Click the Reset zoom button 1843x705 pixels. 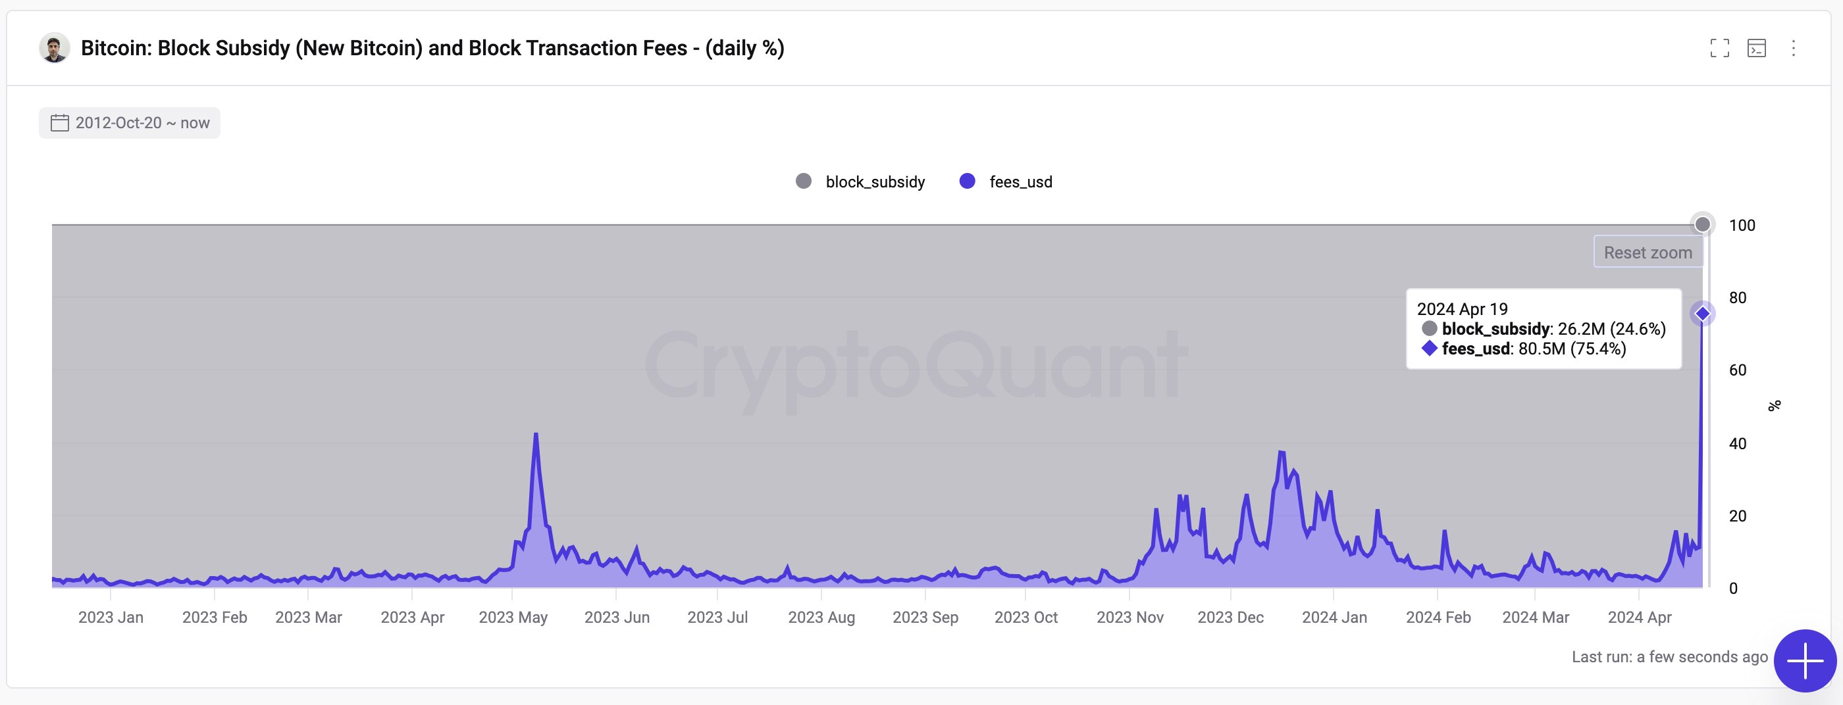[1648, 253]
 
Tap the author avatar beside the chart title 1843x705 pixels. [55, 48]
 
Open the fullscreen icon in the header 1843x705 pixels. [1719, 48]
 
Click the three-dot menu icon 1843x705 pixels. [1793, 48]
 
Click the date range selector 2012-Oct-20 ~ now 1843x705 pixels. [130, 123]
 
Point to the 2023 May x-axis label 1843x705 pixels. [513, 617]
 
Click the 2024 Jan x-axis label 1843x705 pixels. [1334, 617]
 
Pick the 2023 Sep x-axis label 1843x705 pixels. [925, 617]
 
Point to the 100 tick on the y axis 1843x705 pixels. [1742, 225]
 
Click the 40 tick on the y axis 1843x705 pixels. [1737, 443]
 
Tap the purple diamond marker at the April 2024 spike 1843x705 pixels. [1703, 313]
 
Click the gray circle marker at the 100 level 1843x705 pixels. [1703, 224]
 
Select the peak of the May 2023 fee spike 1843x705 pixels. [536, 434]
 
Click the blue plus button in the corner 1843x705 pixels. [1804, 661]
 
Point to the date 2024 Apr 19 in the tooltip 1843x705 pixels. [1463, 309]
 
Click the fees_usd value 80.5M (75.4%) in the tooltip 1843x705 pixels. [1572, 349]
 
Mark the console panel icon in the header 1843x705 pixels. [1756, 48]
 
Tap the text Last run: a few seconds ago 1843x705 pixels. [1669, 656]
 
